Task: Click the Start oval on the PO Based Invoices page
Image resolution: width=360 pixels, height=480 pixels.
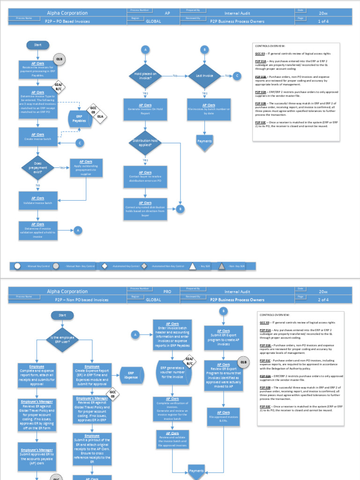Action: pos(38,45)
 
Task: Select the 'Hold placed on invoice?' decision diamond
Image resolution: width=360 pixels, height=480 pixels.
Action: pos(145,75)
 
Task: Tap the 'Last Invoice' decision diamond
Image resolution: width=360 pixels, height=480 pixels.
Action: pos(204,75)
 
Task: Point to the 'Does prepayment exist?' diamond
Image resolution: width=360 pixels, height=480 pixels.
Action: pos(38,168)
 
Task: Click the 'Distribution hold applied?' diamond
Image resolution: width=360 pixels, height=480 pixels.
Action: pos(145,143)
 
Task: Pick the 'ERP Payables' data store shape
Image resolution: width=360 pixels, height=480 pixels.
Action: pos(79,119)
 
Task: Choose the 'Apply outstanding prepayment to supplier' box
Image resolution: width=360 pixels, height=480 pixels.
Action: pos(86,168)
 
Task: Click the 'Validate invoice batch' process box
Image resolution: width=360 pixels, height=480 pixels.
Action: pos(38,201)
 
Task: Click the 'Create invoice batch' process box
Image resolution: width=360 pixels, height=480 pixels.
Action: pos(38,137)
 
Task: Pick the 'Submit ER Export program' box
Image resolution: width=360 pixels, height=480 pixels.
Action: pos(224,338)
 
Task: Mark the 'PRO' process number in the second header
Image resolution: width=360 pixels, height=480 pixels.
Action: pos(167,292)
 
